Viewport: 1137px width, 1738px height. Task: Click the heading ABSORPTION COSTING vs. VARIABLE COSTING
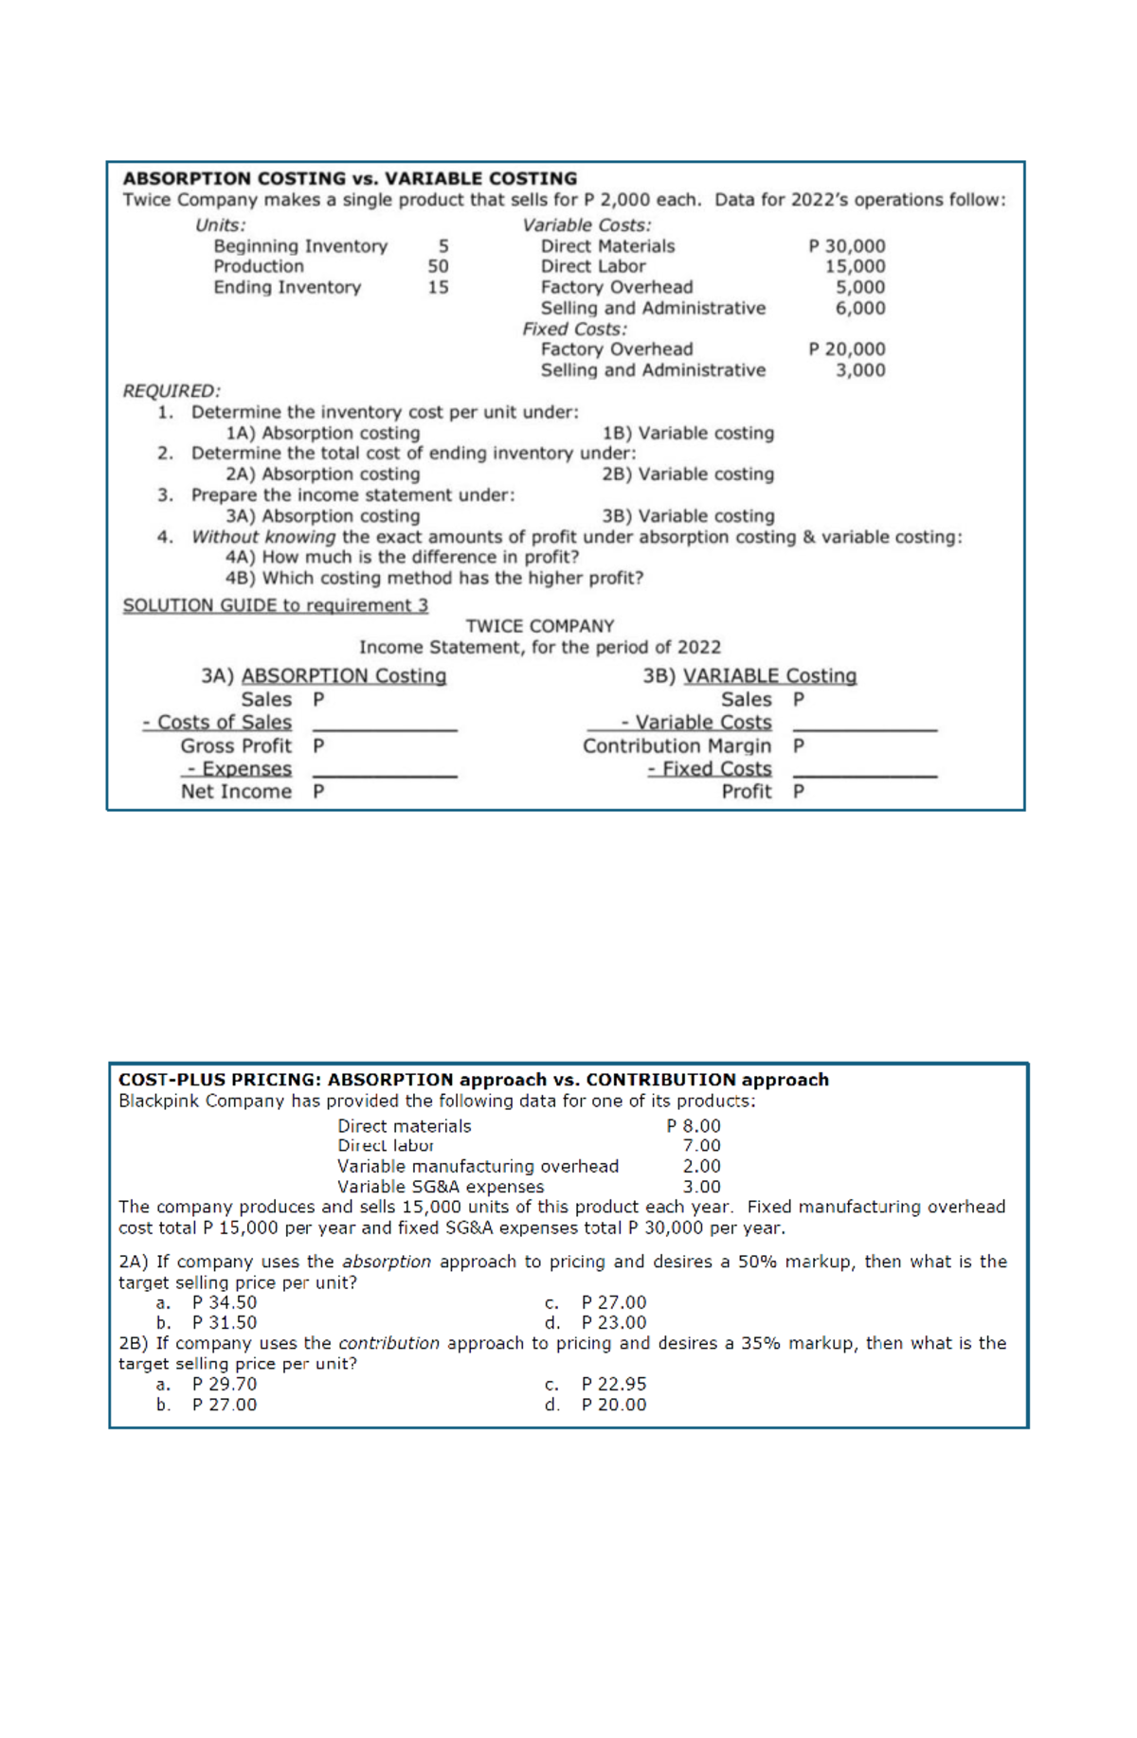click(x=350, y=178)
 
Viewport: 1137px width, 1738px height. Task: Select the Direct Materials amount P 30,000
click(x=846, y=245)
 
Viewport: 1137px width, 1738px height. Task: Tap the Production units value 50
click(x=438, y=266)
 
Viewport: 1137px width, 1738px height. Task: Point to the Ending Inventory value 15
click(x=438, y=287)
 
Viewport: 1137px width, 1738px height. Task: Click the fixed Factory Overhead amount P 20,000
click(x=846, y=349)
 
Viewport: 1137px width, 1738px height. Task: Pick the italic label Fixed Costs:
click(x=574, y=329)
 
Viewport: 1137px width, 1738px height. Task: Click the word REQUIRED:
click(x=171, y=390)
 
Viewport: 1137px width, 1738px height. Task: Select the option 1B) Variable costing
click(x=688, y=433)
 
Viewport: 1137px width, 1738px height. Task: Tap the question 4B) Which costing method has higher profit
click(x=434, y=578)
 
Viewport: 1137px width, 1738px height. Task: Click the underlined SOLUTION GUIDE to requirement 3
click(x=275, y=605)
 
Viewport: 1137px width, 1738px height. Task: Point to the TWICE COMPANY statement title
click(x=539, y=626)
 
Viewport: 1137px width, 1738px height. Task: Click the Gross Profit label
click(x=236, y=745)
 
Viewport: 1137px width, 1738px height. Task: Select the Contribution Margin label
click(x=677, y=745)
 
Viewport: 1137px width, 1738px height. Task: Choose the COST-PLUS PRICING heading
click(x=473, y=1080)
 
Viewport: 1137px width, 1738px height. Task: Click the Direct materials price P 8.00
click(x=694, y=1125)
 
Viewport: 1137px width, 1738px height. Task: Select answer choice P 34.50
click(x=225, y=1302)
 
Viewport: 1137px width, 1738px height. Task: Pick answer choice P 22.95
click(x=614, y=1384)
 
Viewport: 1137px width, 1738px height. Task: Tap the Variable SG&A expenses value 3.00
click(x=701, y=1186)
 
